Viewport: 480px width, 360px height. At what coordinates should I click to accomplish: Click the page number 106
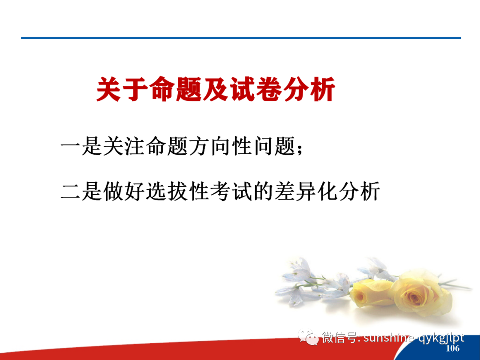(x=453, y=348)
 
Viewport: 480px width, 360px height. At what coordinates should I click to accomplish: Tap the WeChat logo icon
(x=308, y=337)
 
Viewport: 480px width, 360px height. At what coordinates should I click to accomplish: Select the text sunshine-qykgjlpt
(x=414, y=338)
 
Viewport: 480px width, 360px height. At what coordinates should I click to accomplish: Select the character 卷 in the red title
(x=269, y=89)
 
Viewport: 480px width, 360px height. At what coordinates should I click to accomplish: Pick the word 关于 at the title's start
(x=121, y=89)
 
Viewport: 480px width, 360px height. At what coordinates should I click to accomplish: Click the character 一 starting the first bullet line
(x=71, y=146)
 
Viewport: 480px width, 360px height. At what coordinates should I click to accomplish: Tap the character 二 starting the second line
(x=71, y=192)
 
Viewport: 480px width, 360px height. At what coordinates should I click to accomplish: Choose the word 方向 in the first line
(x=199, y=146)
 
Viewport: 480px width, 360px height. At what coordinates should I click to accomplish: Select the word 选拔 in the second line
(x=167, y=192)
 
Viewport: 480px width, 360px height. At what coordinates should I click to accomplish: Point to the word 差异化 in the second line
(x=306, y=192)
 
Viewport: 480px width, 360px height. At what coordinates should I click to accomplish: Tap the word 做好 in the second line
(x=124, y=192)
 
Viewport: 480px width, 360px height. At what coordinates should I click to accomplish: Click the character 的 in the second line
(x=264, y=192)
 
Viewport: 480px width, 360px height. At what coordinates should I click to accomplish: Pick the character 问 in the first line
(x=264, y=146)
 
